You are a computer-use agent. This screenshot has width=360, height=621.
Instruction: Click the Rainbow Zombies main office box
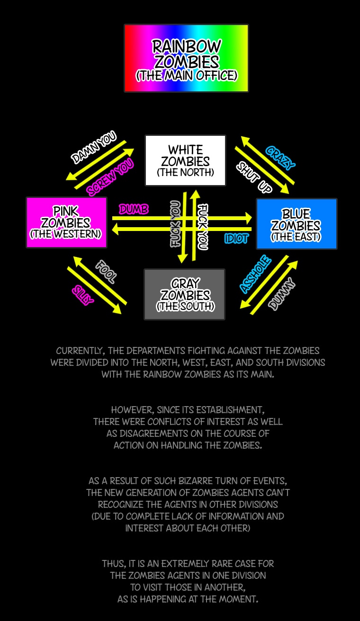coord(186,58)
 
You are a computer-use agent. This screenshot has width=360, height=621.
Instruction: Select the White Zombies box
coord(185,160)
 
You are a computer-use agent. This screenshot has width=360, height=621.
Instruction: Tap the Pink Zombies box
coord(66,222)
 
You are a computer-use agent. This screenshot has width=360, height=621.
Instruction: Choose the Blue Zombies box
coord(297,223)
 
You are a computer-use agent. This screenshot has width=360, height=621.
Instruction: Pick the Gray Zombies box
coord(184,294)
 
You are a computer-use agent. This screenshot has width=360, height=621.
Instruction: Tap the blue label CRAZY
coord(280,158)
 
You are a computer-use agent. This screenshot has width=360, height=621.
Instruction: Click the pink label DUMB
coord(134,209)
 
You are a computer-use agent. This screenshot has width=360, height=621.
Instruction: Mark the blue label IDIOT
coord(236,239)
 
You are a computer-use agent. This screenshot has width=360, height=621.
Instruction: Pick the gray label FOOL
coord(105,272)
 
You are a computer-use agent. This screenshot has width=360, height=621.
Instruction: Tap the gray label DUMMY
coord(282,294)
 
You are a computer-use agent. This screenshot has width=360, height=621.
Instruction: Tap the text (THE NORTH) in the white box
coord(185,172)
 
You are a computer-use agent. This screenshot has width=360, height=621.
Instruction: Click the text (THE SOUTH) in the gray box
coord(185,306)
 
